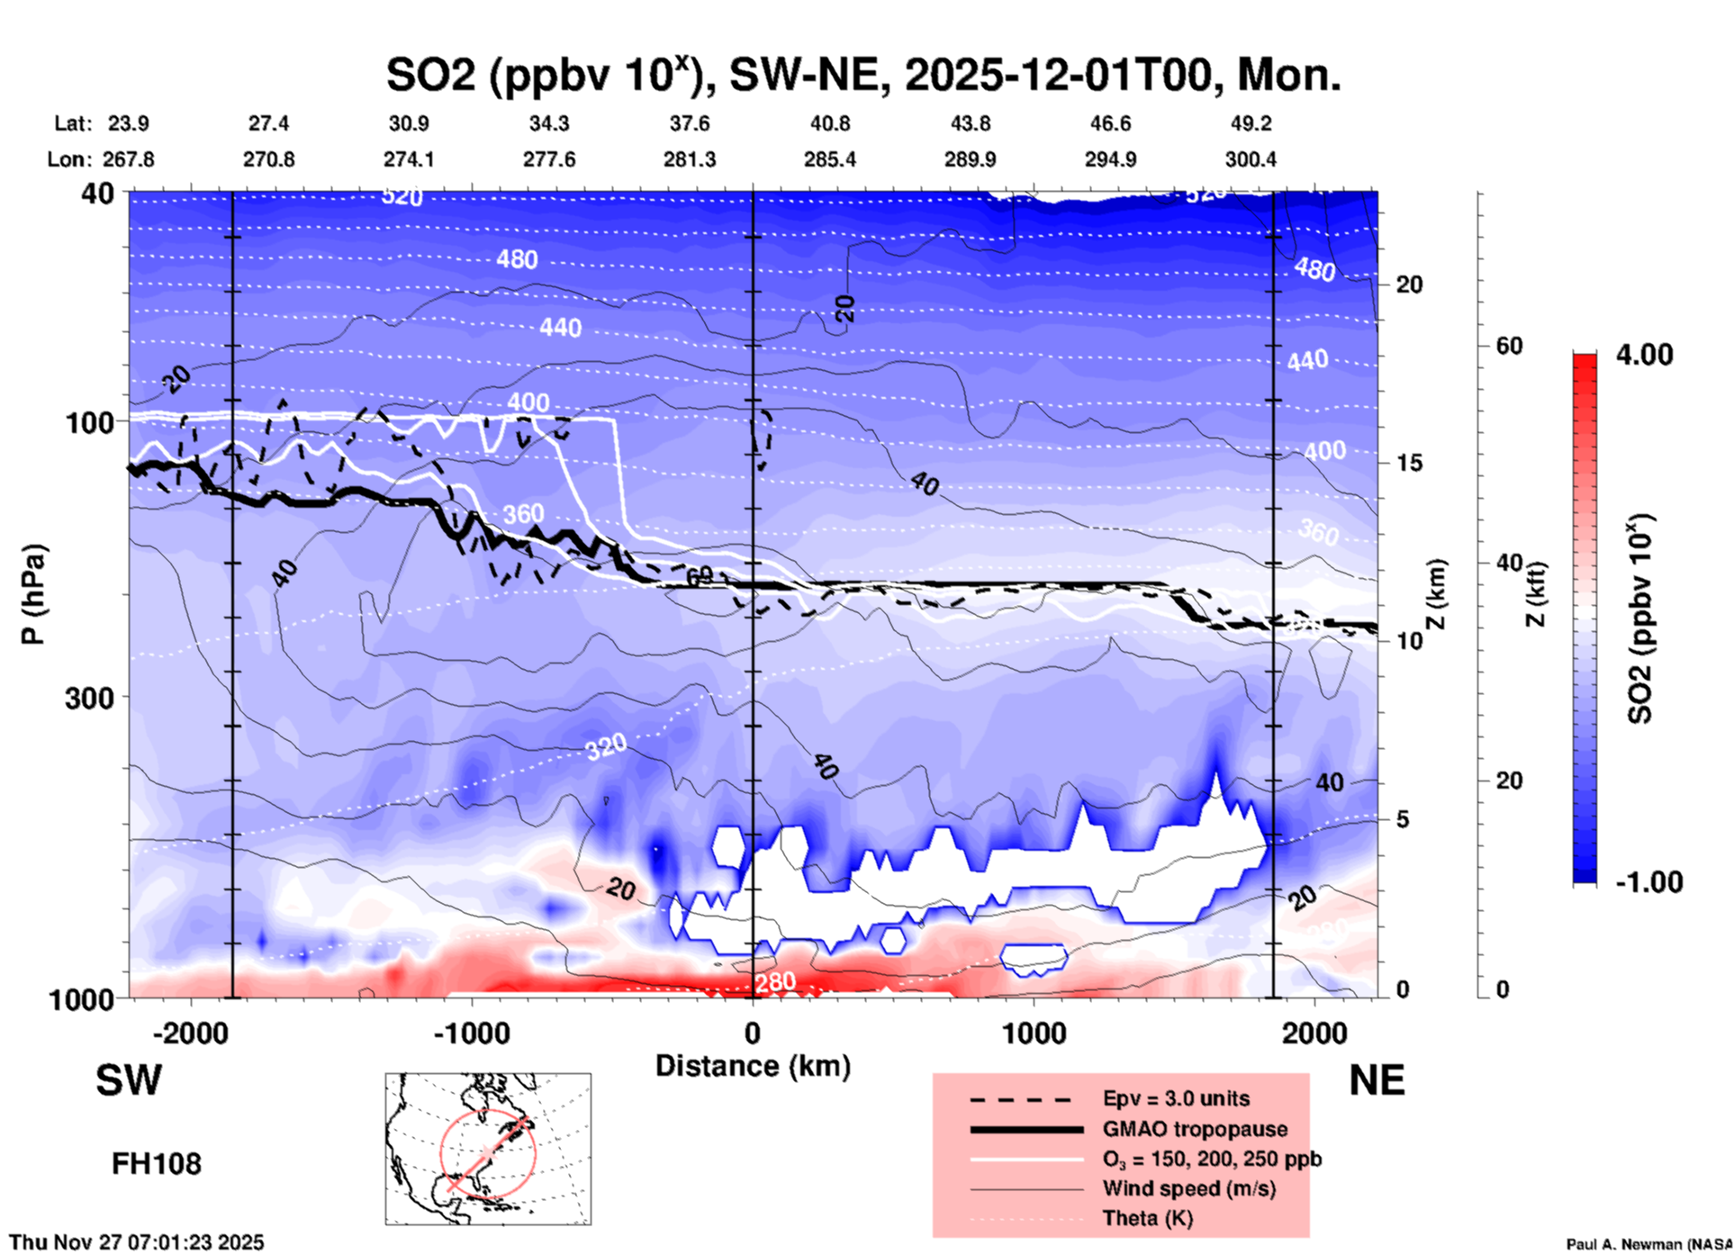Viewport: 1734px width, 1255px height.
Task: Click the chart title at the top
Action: point(862,74)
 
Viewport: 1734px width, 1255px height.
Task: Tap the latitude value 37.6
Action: point(689,123)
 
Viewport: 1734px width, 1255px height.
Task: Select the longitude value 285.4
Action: point(829,159)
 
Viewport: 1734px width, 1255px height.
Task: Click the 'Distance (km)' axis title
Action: point(753,1066)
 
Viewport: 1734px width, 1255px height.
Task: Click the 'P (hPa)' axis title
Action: point(33,594)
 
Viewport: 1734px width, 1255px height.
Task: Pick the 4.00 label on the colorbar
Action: point(1644,355)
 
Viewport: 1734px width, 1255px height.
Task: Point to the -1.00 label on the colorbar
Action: point(1648,881)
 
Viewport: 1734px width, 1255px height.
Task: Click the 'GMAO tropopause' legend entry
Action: point(1195,1129)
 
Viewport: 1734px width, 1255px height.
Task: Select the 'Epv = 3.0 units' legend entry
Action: point(1176,1098)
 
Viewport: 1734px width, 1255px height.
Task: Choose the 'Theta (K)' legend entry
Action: point(1147,1218)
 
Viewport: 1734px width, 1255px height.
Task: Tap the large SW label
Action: point(129,1080)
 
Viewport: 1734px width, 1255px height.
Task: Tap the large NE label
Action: point(1377,1080)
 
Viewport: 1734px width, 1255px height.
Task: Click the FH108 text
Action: point(156,1163)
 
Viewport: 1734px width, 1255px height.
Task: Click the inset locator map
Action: point(488,1149)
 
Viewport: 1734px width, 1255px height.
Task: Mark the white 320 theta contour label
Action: point(606,747)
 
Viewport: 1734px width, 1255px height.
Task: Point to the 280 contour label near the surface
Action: point(774,981)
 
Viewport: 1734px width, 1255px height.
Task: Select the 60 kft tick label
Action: point(1509,346)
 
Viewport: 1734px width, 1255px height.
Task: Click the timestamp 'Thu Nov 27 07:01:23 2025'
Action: point(137,1242)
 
